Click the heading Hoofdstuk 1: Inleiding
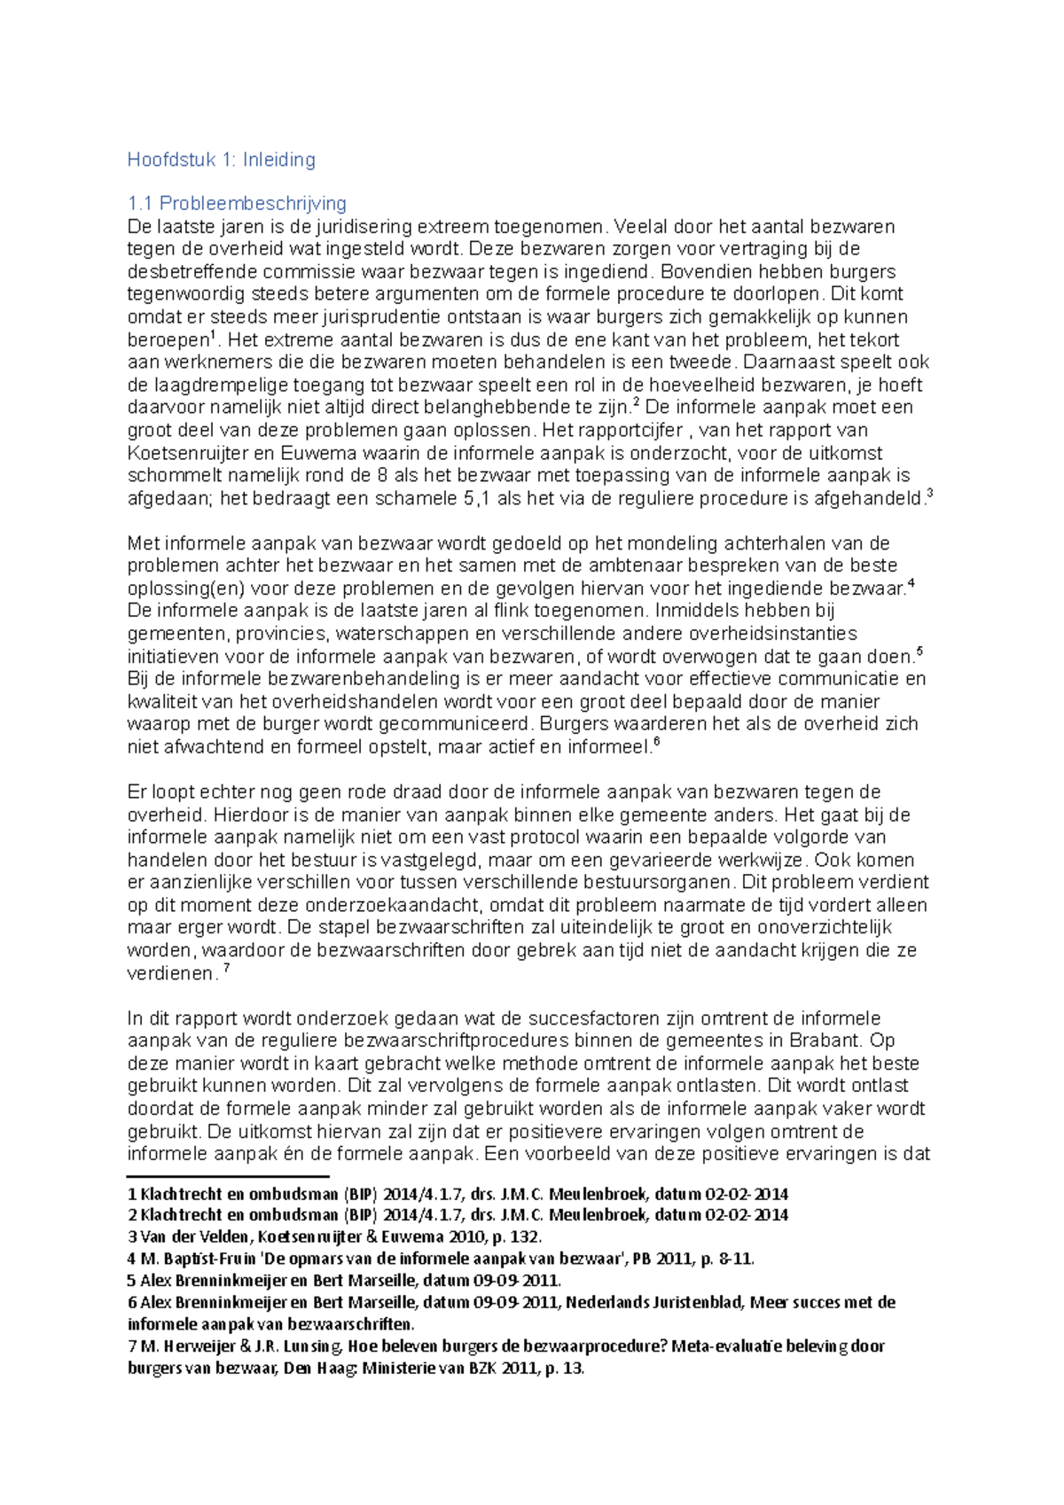click(x=221, y=160)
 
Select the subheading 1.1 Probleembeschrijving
click(x=237, y=203)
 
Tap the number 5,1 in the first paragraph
click(x=476, y=498)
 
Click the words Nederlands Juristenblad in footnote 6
click(x=655, y=1303)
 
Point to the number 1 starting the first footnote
click(x=132, y=1194)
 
